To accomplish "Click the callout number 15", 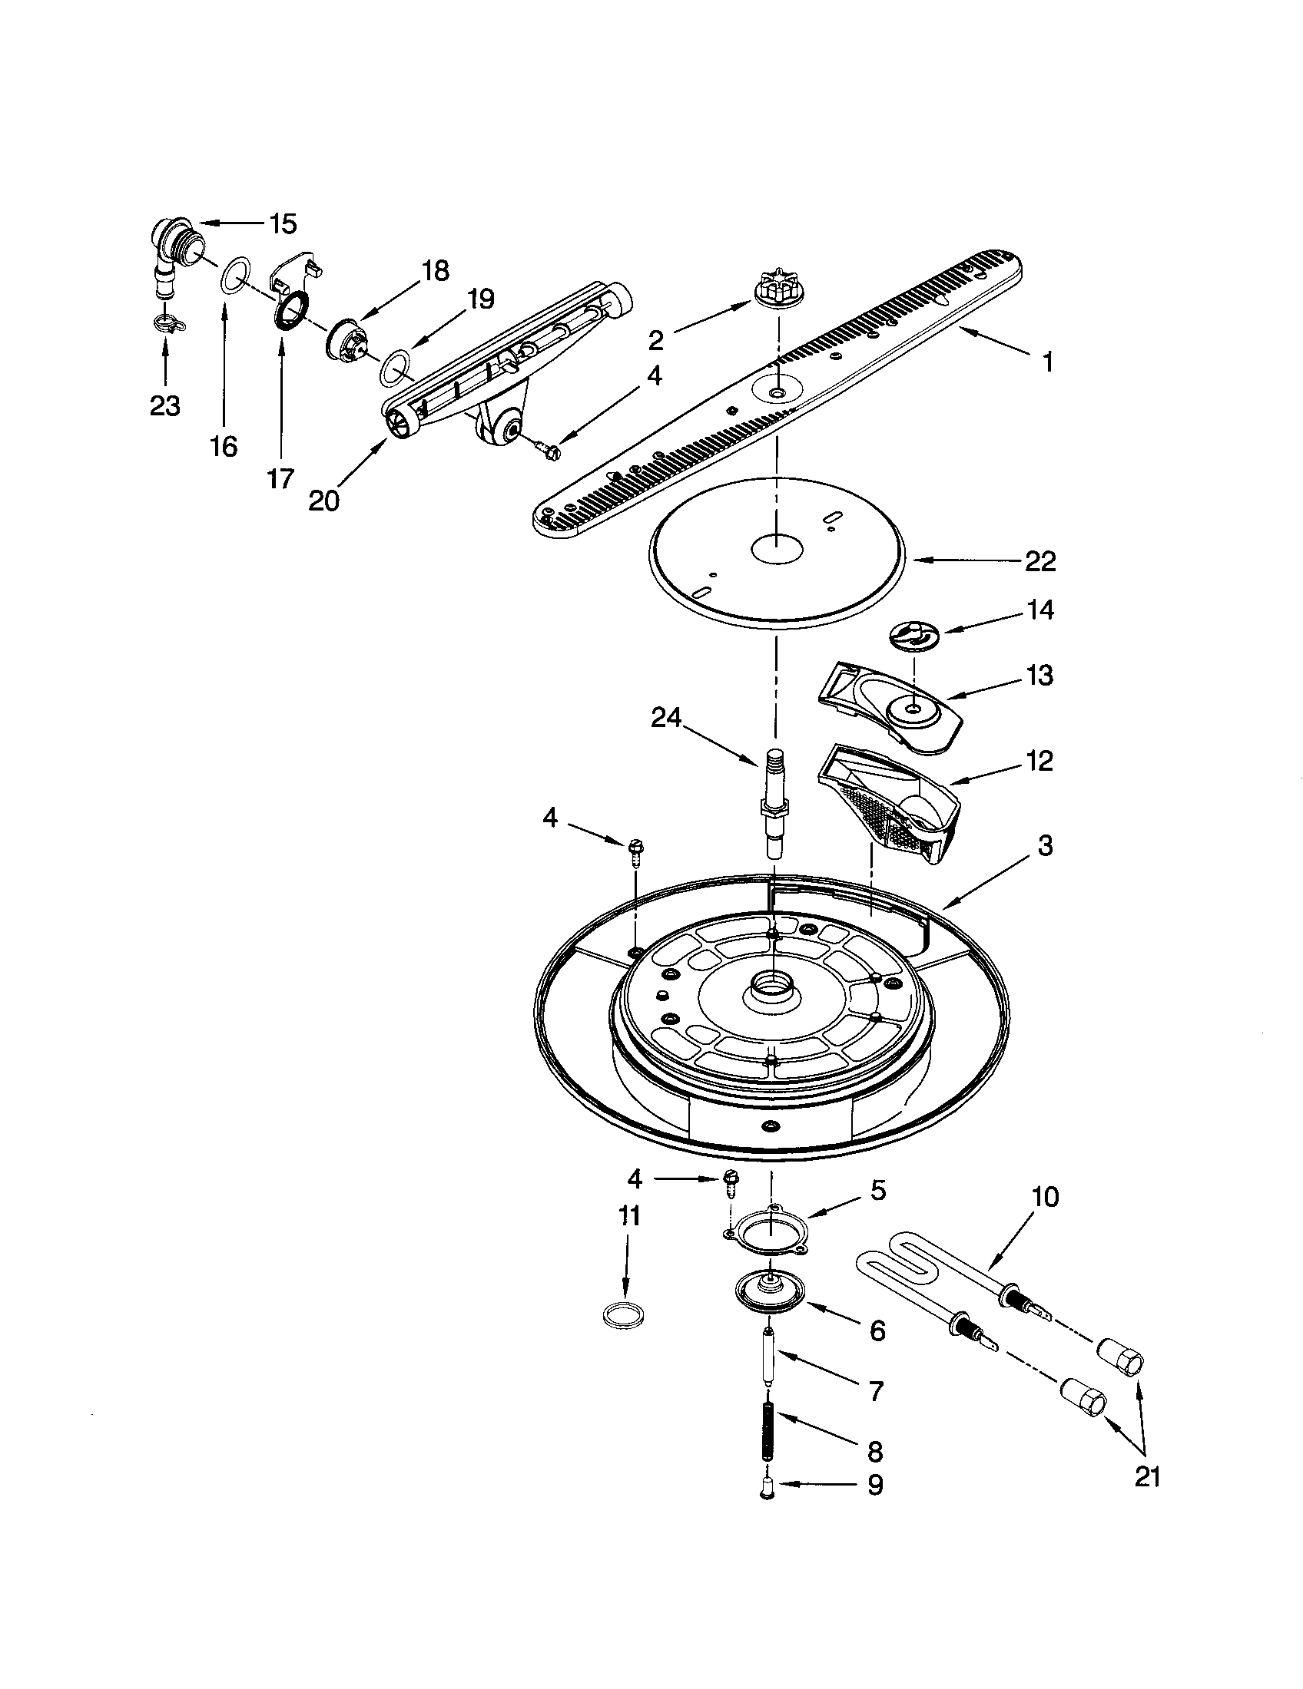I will (283, 224).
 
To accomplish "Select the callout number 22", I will (1040, 561).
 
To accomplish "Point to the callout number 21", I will (1148, 1476).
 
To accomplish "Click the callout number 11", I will (629, 1217).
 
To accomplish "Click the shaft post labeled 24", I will (774, 805).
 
